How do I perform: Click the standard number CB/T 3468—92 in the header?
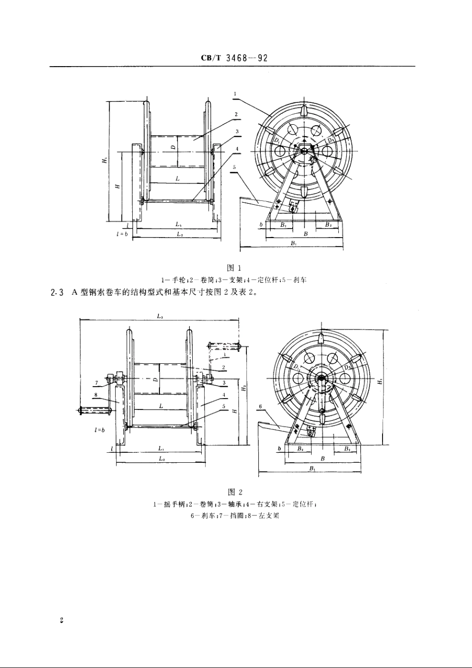tap(235, 58)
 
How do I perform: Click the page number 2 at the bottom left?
tap(61, 620)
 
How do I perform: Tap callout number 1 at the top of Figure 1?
tap(234, 93)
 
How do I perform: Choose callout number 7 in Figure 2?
tap(96, 382)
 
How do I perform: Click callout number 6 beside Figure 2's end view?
tap(261, 406)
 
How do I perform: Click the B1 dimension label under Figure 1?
tap(294, 243)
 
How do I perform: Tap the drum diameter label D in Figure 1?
tap(172, 147)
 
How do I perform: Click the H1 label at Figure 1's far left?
tap(104, 160)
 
